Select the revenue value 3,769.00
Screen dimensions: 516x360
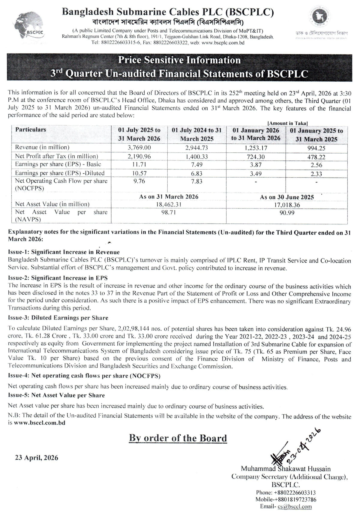(x=139, y=148)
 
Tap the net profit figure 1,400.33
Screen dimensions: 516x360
(x=196, y=157)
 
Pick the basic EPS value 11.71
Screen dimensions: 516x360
(x=139, y=164)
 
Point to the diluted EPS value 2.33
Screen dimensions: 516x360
(x=316, y=173)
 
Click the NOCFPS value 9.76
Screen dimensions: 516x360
(x=139, y=181)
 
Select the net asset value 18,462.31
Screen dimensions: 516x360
(x=169, y=205)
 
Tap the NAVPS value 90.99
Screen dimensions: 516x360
(x=287, y=213)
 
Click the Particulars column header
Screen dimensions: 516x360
(x=31, y=130)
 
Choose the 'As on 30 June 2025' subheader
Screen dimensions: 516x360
(x=287, y=197)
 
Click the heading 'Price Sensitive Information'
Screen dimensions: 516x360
(x=179, y=60)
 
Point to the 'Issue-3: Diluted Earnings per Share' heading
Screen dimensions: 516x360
(x=58, y=318)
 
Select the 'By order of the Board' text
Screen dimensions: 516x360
(x=178, y=438)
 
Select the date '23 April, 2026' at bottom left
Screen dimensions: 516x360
(x=37, y=458)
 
